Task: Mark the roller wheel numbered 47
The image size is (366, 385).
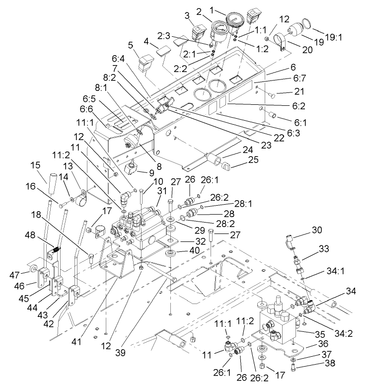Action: click(x=33, y=270)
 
